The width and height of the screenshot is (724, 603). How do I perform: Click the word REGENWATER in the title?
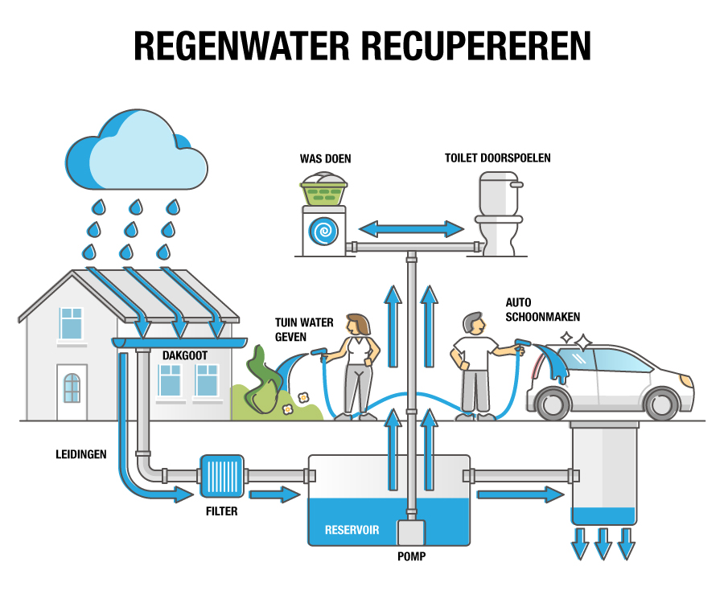click(x=241, y=47)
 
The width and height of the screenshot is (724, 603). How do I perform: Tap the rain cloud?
click(x=137, y=153)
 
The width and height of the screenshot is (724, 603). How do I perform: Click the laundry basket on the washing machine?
click(x=323, y=191)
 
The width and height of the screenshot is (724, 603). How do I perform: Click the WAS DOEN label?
click(x=325, y=158)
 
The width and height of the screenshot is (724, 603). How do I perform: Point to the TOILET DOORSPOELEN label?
click(x=497, y=158)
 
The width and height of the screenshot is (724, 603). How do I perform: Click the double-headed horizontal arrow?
click(x=411, y=229)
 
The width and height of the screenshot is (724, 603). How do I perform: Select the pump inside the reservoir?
click(x=411, y=532)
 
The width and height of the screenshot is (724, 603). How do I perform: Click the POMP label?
click(x=411, y=556)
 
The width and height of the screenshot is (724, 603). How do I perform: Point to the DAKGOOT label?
click(x=186, y=354)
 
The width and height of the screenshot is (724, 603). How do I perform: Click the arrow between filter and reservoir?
click(x=274, y=494)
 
